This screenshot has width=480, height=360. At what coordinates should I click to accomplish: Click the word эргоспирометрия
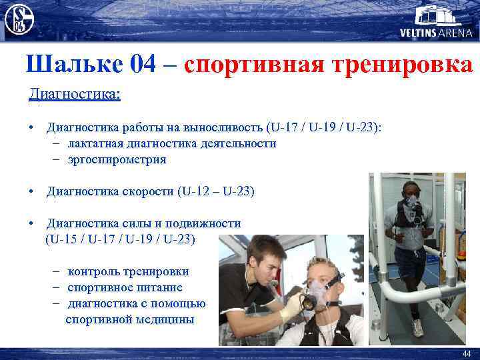pyautogui.click(x=117, y=159)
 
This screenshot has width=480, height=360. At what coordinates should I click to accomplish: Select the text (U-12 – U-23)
pyautogui.click(x=216, y=191)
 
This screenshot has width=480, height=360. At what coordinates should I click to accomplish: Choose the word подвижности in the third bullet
pyautogui.click(x=202, y=223)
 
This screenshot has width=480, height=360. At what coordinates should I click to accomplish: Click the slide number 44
pyautogui.click(x=466, y=353)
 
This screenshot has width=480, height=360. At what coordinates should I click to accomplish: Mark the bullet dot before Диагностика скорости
pyautogui.click(x=31, y=192)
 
